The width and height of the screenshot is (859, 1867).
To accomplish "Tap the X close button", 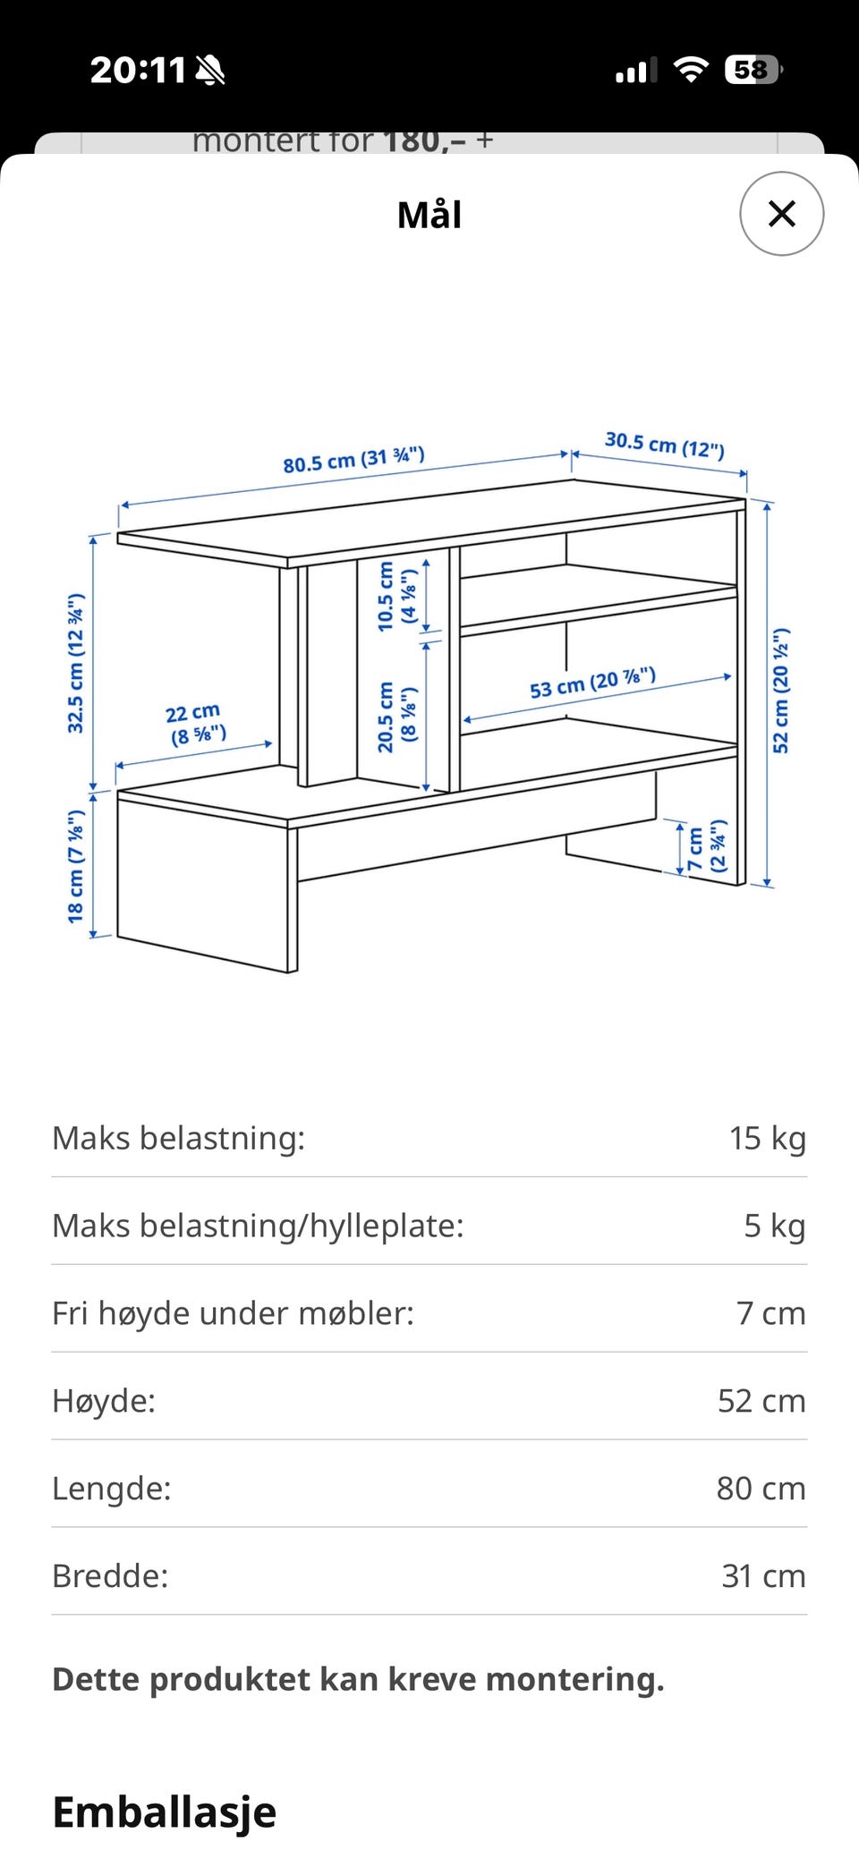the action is (x=781, y=214).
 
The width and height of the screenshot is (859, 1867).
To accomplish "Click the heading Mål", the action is (x=429, y=215).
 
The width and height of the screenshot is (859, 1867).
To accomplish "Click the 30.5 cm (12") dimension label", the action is (x=665, y=444).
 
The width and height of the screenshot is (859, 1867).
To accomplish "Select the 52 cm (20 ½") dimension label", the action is (x=781, y=690).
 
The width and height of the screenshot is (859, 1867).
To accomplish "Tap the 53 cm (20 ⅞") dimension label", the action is (x=592, y=683).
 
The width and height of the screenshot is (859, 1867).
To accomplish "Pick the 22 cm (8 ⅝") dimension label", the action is (x=196, y=724).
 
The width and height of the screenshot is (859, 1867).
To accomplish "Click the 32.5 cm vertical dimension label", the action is (x=76, y=663).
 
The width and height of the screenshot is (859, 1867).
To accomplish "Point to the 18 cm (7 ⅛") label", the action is (x=76, y=866).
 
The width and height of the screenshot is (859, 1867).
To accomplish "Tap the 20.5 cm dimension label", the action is (x=397, y=717).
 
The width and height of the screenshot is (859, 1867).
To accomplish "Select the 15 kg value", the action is (x=768, y=1138).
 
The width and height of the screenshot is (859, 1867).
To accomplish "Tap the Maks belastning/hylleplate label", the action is (x=259, y=1226).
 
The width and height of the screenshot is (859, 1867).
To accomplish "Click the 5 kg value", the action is (x=775, y=1226).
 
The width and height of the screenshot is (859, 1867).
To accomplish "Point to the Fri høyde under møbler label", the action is (x=234, y=1313).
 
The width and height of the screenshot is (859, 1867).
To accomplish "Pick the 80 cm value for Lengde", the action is (x=761, y=1489).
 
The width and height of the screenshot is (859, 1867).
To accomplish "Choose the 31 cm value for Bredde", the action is (x=764, y=1576).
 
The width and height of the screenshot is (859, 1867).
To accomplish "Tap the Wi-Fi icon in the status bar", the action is (x=690, y=69).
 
